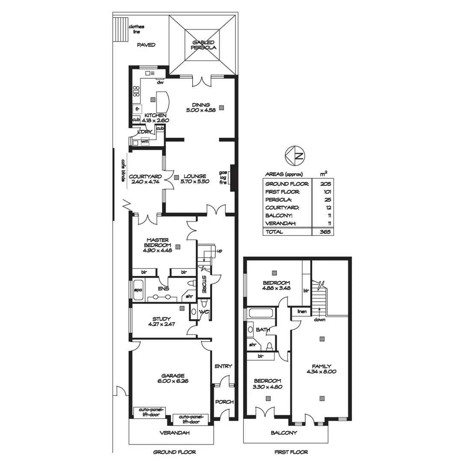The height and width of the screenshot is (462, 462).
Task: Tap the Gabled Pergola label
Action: [204, 45]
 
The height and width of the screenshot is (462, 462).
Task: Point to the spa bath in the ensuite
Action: [138, 290]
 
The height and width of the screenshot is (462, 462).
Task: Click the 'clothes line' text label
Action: [136, 29]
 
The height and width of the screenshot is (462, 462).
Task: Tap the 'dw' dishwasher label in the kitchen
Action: [160, 83]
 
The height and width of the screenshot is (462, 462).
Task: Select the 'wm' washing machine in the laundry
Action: [145, 141]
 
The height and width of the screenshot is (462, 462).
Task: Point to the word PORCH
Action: [224, 402]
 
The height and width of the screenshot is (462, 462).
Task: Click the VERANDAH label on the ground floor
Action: [172, 433]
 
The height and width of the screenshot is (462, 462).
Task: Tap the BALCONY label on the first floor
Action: [284, 433]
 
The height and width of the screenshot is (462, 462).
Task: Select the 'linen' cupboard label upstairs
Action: [302, 312]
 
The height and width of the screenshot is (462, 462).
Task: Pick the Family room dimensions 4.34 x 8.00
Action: [321, 372]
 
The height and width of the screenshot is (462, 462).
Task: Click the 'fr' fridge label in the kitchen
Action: [137, 110]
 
